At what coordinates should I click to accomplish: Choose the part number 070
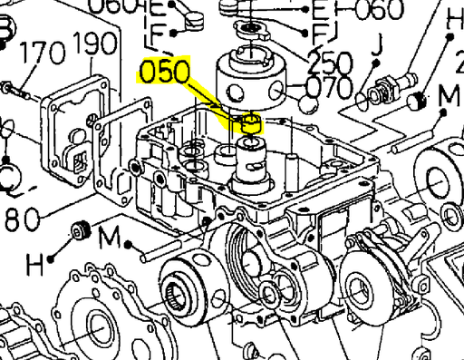click(x=329, y=88)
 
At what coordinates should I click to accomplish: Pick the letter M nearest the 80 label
click(x=110, y=238)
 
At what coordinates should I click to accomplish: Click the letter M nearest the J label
click(x=449, y=95)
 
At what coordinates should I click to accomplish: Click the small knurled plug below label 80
click(x=78, y=231)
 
